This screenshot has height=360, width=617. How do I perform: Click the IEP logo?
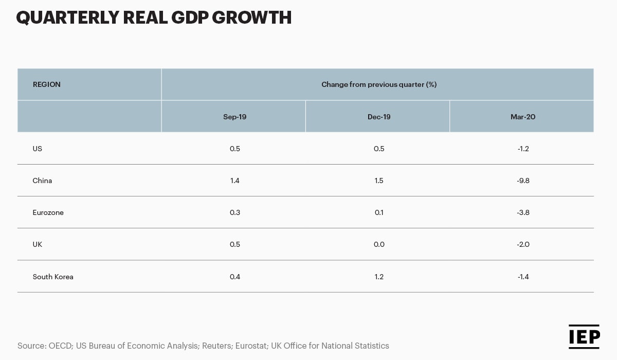584,336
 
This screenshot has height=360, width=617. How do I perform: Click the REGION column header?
47,84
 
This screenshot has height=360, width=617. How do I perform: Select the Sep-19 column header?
234,117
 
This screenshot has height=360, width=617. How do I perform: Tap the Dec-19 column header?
379,117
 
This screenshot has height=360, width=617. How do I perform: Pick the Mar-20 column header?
523,117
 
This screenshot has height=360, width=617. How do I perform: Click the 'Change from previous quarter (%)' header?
379,84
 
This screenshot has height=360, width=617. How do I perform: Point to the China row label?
42,181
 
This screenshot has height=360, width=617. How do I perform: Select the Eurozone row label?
48,212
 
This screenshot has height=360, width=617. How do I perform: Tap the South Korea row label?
53,277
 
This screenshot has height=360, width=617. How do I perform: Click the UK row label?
38,244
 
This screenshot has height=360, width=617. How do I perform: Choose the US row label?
38,149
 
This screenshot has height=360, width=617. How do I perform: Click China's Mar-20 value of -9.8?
523,181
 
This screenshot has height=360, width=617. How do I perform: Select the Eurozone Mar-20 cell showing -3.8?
523,212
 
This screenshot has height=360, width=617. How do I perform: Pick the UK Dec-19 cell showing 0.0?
379,244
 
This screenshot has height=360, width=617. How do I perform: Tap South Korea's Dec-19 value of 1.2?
379,277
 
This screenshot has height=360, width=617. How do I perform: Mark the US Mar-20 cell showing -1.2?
523,149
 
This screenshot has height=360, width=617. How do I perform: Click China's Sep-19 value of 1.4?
234,181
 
